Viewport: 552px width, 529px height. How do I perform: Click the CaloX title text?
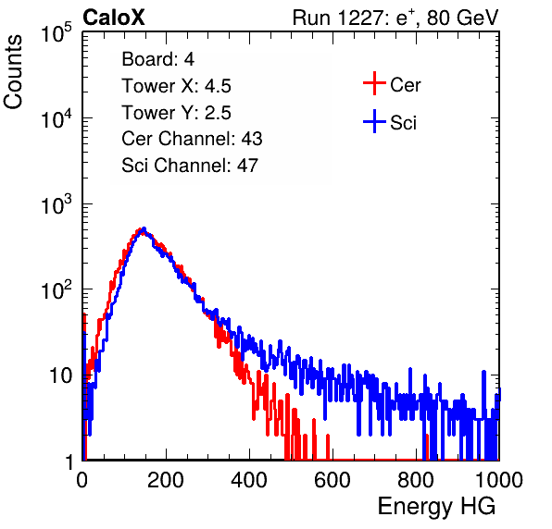point(114,18)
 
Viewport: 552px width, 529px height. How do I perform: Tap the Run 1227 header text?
point(395,18)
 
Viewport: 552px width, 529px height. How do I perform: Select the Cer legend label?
point(405,85)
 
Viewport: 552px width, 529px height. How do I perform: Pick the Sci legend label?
point(403,123)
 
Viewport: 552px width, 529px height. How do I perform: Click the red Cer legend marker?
point(374,83)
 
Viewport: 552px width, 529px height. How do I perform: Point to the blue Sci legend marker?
point(374,121)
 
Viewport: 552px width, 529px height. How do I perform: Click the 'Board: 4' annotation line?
point(157,59)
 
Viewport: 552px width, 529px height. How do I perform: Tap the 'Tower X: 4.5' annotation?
point(176,86)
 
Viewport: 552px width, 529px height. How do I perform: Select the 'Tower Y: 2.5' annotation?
point(176,113)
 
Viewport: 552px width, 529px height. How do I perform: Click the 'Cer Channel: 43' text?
point(192,139)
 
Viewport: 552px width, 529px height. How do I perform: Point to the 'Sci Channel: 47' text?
point(190,166)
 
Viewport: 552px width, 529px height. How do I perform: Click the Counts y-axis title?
point(13,72)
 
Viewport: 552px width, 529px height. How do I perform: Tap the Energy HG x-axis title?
point(436,507)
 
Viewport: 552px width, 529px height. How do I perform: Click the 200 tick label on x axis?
point(166,480)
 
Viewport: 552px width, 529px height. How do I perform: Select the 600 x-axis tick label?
point(332,480)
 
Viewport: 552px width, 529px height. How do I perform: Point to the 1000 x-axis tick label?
point(499,480)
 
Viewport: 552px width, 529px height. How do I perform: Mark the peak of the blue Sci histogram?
point(144,228)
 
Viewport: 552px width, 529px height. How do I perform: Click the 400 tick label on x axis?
point(249,480)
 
